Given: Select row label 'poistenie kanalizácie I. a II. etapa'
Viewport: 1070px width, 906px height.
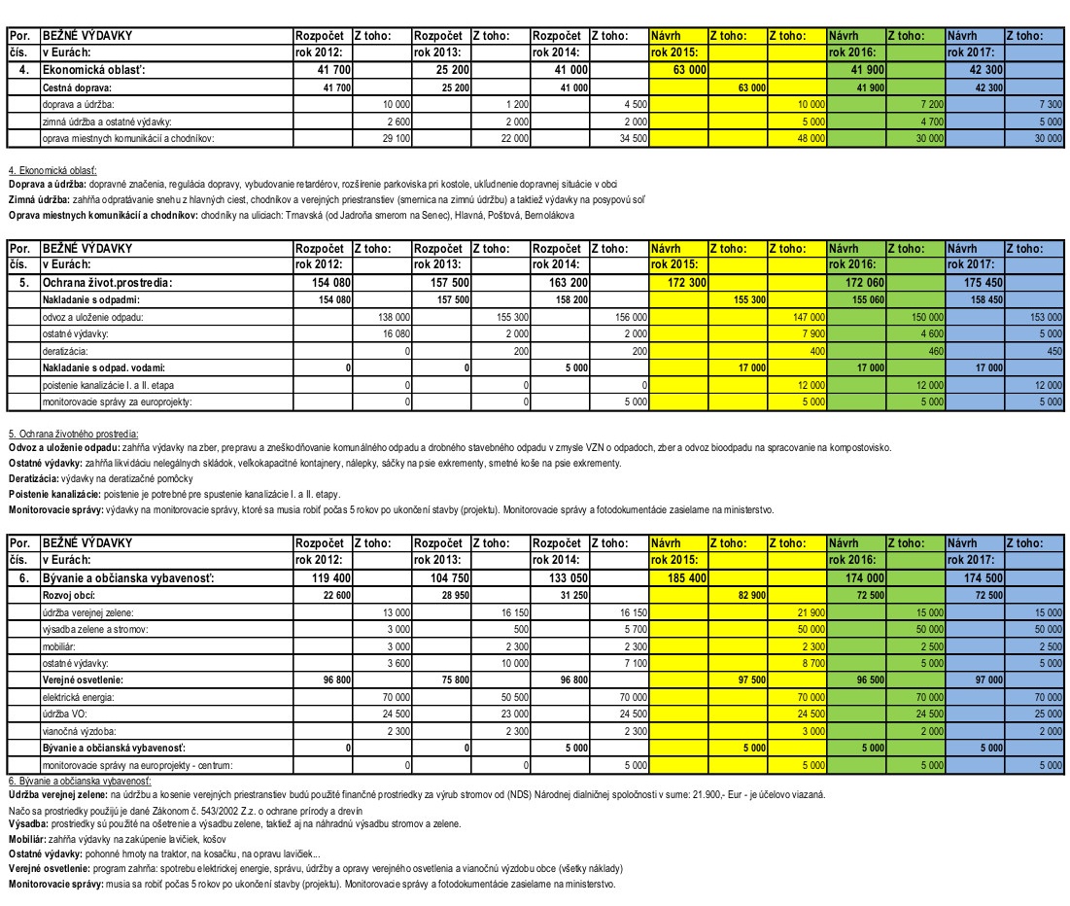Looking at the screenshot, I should pyautogui.click(x=104, y=384).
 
